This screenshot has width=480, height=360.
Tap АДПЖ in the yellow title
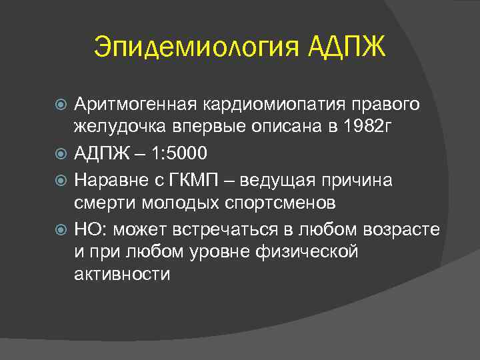coord(347,47)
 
